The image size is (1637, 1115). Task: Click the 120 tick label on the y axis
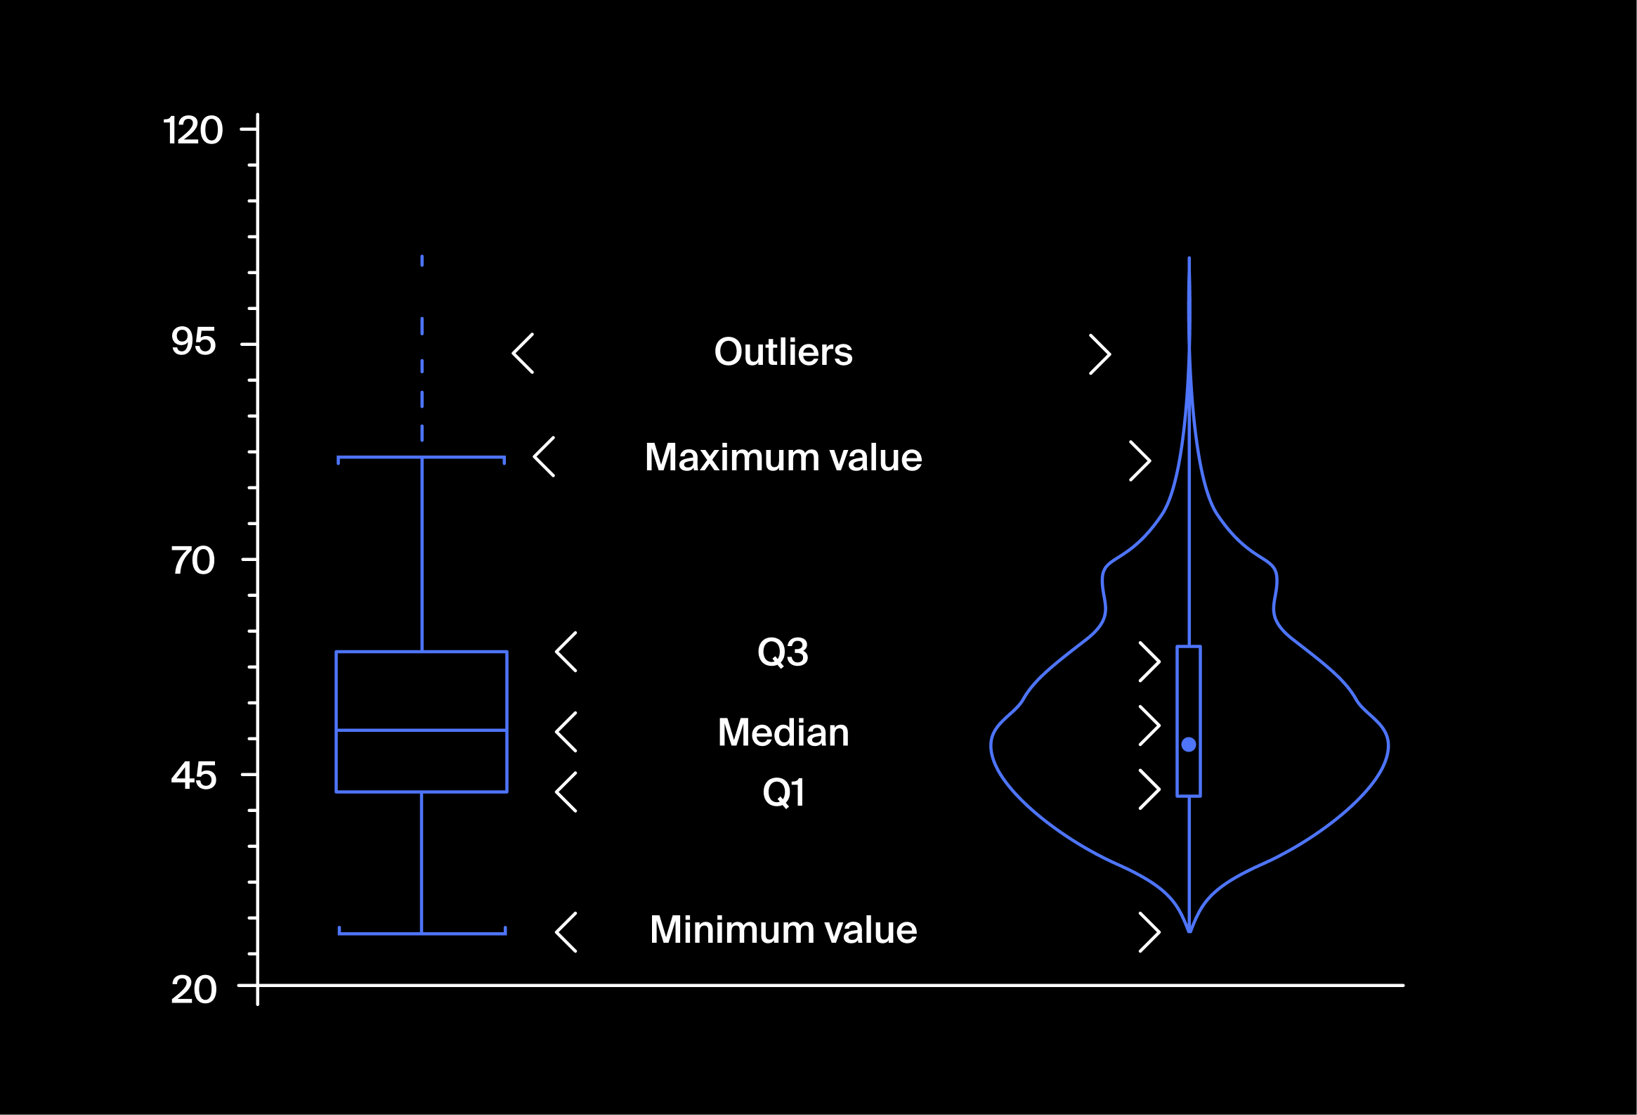(193, 130)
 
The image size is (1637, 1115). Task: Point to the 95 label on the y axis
(193, 342)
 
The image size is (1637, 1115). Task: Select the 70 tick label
(193, 561)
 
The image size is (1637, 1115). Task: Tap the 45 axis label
(193, 776)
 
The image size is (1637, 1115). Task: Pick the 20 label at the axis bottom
(193, 991)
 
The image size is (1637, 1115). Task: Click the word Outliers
(783, 352)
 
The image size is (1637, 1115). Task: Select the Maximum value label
(783, 458)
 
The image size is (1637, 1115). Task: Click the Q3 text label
(783, 652)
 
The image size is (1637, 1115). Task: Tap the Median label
(783, 733)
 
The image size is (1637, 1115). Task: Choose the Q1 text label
(783, 792)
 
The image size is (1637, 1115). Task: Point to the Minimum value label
(783, 929)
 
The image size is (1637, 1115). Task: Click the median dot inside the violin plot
(1188, 745)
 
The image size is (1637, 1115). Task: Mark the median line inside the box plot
(422, 730)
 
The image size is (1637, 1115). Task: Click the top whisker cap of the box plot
(422, 458)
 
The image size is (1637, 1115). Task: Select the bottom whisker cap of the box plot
(422, 934)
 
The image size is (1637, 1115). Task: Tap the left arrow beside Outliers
(523, 353)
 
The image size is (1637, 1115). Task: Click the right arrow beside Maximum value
(1140, 461)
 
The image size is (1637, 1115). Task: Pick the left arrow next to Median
(566, 732)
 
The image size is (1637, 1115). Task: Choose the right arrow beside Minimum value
(1149, 932)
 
